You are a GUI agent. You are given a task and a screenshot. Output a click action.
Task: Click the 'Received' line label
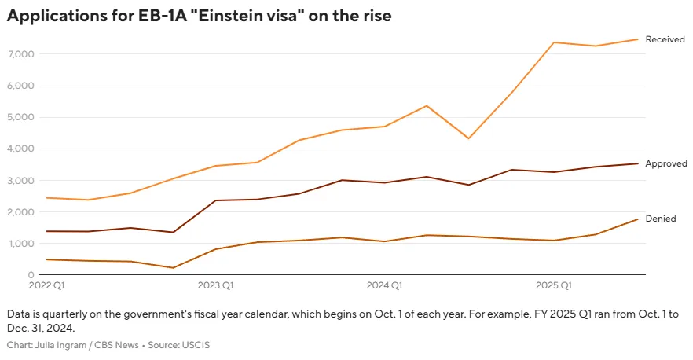click(665, 39)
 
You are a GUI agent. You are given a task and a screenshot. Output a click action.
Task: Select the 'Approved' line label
click(665, 163)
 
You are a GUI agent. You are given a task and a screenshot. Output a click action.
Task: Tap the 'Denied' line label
click(660, 219)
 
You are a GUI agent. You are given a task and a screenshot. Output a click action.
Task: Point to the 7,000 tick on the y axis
click(18, 54)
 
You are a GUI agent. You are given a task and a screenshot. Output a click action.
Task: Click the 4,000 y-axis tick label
click(18, 149)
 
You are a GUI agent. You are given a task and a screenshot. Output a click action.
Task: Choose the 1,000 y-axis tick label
click(18, 244)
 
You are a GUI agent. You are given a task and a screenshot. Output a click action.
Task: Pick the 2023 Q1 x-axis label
click(215, 285)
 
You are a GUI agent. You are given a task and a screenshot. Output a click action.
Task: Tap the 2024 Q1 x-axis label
click(385, 285)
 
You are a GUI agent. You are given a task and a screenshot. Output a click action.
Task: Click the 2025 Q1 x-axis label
click(554, 285)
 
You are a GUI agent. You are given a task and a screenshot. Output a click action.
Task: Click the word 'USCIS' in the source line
click(194, 345)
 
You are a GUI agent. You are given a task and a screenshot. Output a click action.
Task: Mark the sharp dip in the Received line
click(469, 138)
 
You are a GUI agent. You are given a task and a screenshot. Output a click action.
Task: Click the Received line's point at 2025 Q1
click(554, 42)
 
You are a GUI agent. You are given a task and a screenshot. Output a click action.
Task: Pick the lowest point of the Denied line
click(173, 268)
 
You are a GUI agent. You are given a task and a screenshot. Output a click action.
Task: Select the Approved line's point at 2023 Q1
click(215, 200)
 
